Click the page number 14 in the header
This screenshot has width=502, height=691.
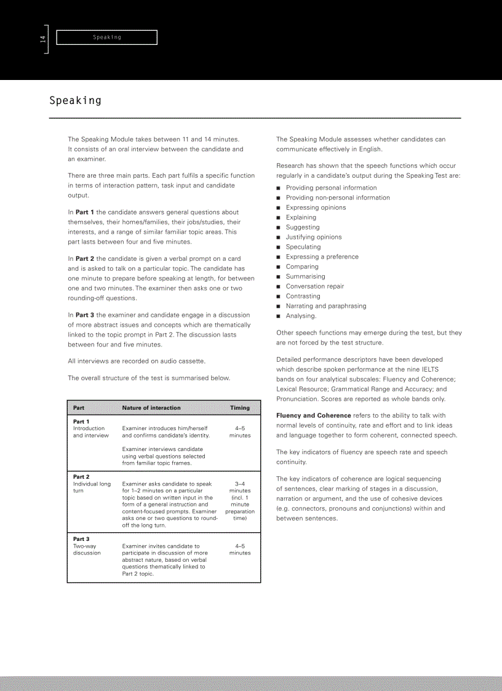click(42, 39)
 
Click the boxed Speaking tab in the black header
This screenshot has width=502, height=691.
click(106, 38)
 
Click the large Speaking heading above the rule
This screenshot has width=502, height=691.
click(75, 100)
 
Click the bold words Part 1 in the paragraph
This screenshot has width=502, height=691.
click(84, 212)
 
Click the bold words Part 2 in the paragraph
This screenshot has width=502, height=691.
click(84, 259)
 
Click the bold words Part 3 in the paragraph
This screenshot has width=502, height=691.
click(84, 315)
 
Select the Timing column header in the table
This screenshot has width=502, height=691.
click(240, 407)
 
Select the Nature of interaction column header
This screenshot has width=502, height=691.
click(151, 407)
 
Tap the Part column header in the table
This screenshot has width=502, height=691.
click(79, 407)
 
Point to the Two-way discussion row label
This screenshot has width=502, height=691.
click(87, 549)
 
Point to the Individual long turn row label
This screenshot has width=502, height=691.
click(92, 487)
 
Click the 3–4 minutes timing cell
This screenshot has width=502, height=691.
click(240, 487)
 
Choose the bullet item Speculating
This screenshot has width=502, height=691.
click(303, 247)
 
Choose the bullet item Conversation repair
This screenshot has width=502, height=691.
click(314, 286)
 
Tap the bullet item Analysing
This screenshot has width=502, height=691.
click(301, 316)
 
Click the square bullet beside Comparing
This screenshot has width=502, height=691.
click(279, 267)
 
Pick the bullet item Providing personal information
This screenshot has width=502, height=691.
click(331, 188)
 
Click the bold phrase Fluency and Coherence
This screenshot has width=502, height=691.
click(314, 415)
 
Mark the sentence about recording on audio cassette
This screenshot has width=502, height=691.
click(137, 361)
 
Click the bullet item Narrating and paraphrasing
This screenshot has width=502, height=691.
click(325, 306)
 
